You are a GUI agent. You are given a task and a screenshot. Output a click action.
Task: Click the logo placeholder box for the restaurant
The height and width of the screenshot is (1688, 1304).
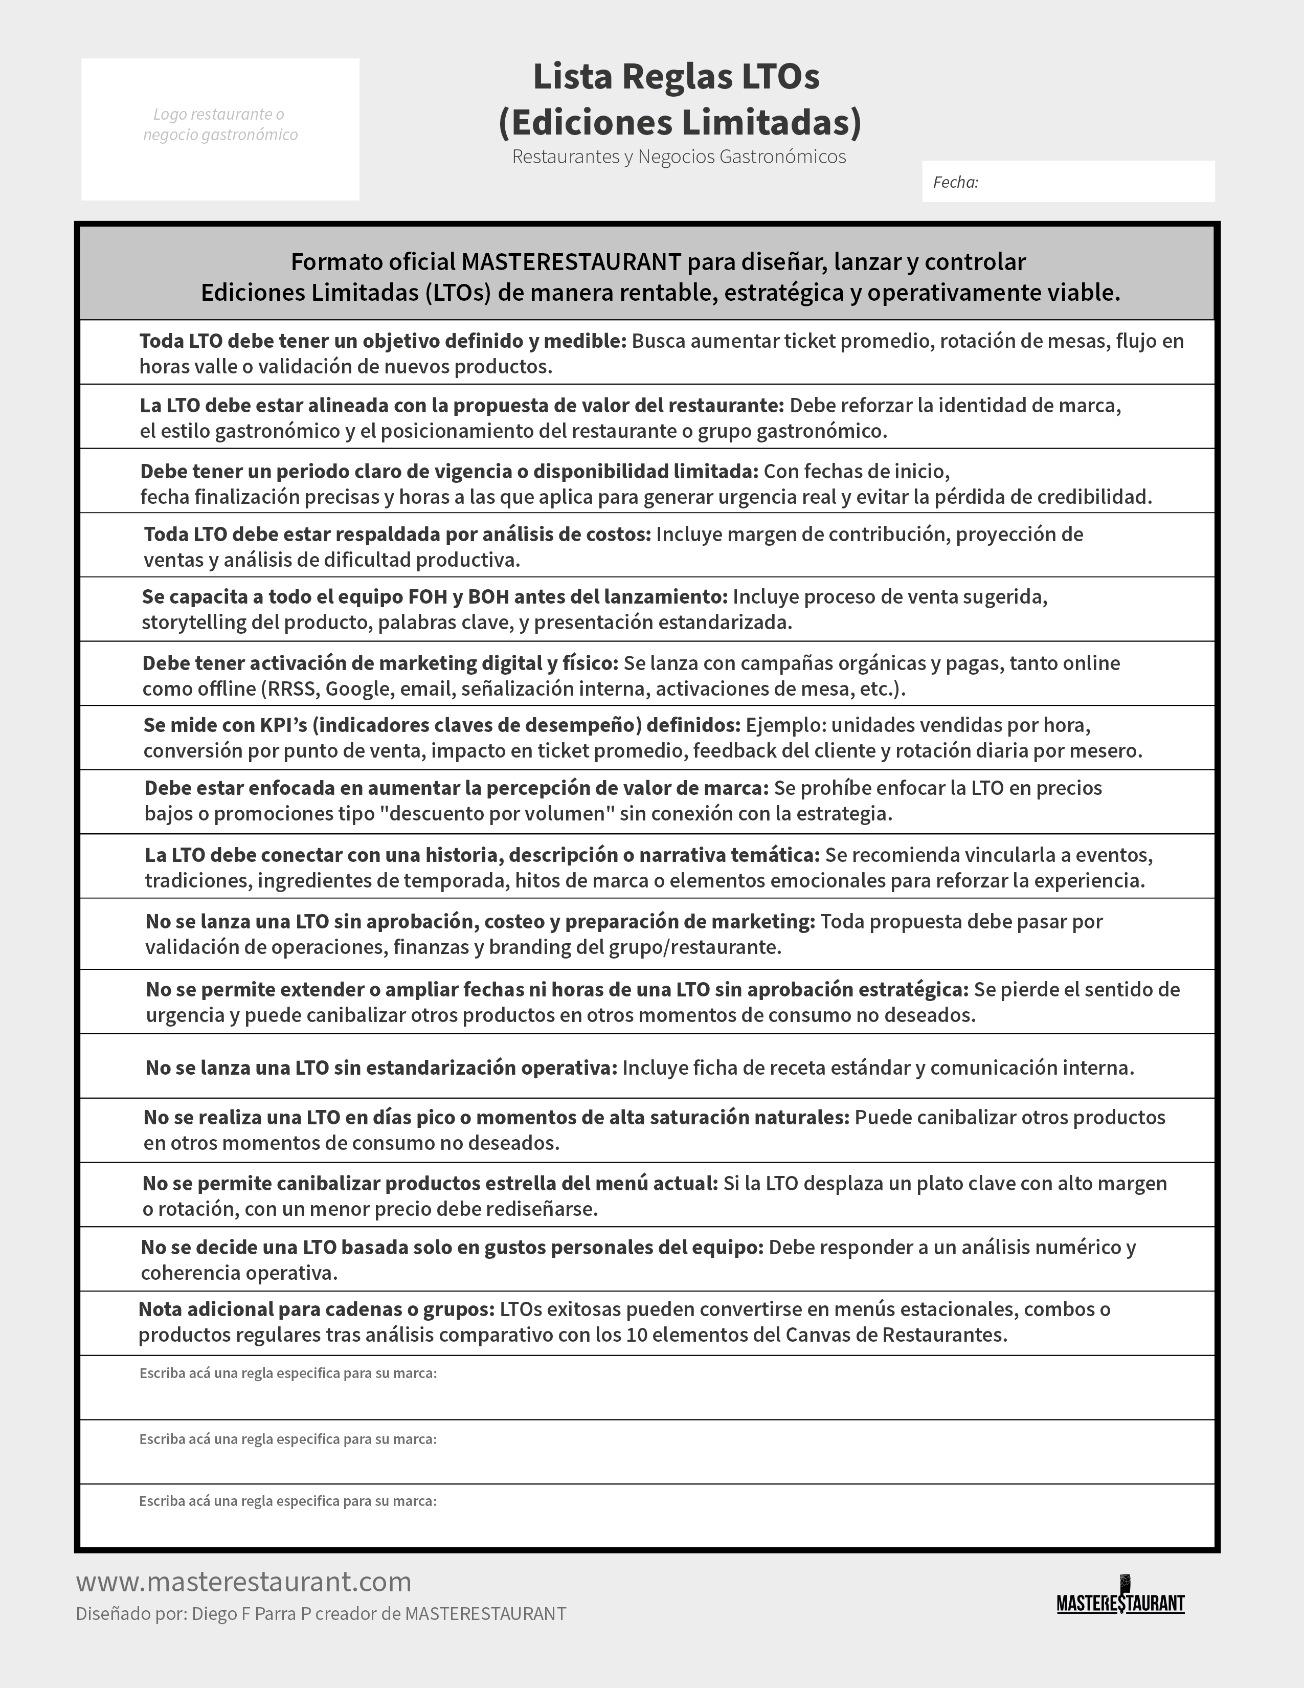(220, 129)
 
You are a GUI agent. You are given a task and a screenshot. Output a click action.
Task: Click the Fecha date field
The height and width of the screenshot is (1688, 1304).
(1068, 182)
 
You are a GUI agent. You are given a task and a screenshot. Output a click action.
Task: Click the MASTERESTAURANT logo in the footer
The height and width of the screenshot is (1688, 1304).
(1120, 1599)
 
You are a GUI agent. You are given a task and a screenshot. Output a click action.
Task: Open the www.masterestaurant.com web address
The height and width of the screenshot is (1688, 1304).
(243, 1581)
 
